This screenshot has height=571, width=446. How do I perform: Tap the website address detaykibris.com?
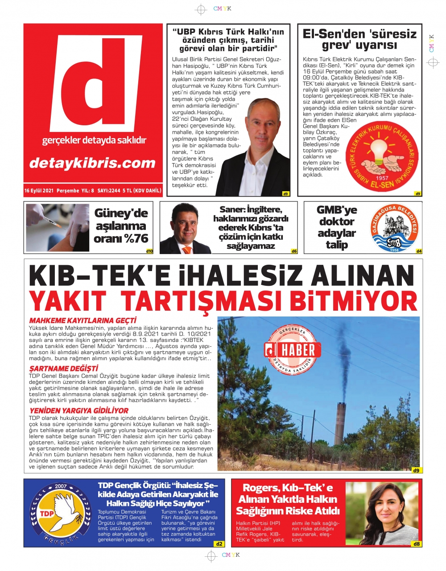click(92, 163)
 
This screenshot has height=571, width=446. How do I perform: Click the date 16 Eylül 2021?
click(39, 191)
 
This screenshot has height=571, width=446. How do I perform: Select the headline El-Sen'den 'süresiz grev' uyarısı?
click(359, 39)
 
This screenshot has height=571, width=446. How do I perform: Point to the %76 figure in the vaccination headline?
click(136, 238)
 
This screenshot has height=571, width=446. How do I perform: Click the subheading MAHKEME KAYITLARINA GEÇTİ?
click(83, 320)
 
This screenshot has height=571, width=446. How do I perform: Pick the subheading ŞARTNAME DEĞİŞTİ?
click(63, 368)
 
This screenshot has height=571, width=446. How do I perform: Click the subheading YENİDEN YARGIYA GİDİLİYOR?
click(78, 410)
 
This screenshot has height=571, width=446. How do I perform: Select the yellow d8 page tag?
click(417, 544)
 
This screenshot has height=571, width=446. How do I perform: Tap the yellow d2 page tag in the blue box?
click(219, 544)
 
